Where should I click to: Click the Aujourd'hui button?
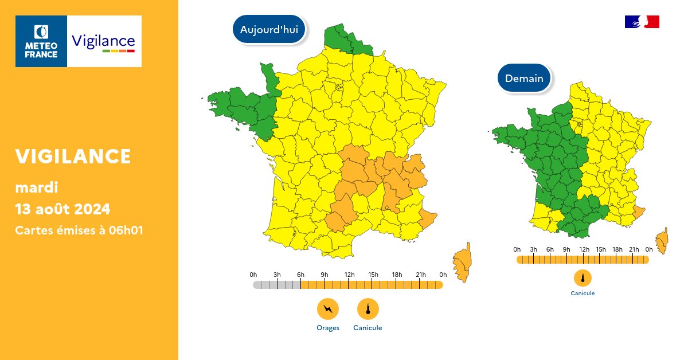269,30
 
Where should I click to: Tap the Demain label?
524,78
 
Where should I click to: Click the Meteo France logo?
41,41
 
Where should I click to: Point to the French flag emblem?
642,22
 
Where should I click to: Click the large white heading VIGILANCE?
73,156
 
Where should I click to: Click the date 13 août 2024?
62,208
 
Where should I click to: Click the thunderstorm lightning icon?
328,310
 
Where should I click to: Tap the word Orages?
328,328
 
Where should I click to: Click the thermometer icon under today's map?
368,310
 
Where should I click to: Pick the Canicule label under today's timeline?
368,328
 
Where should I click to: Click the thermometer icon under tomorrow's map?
583,279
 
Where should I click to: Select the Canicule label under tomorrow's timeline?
583,294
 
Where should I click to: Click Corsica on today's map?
462,263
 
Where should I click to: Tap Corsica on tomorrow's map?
663,240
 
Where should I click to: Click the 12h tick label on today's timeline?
349,275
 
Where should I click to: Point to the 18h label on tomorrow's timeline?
617,249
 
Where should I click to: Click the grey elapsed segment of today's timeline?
276,285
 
